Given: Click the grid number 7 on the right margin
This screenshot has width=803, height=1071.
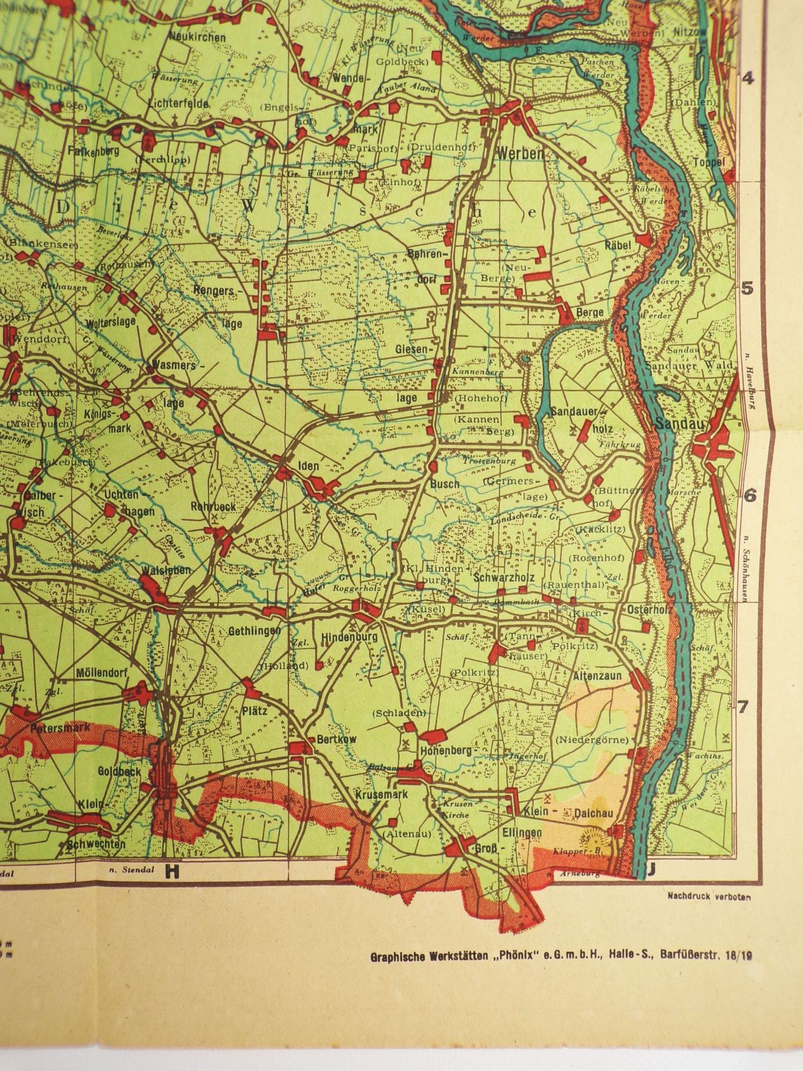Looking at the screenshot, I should (742, 707).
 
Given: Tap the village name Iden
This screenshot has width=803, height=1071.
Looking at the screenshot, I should (308, 466).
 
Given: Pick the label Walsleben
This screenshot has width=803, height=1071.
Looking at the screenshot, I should (166, 571).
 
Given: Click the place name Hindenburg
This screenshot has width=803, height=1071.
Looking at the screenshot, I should (349, 637).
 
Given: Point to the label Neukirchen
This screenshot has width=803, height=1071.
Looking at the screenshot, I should (198, 37).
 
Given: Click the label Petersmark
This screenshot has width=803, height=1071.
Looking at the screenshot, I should (60, 728).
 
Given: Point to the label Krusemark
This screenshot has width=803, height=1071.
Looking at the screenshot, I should (382, 794).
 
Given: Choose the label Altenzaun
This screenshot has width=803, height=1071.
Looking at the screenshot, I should (597, 676).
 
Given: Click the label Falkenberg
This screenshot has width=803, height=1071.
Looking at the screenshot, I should (94, 151).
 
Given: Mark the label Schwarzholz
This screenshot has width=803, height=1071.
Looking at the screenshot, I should (504, 578).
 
